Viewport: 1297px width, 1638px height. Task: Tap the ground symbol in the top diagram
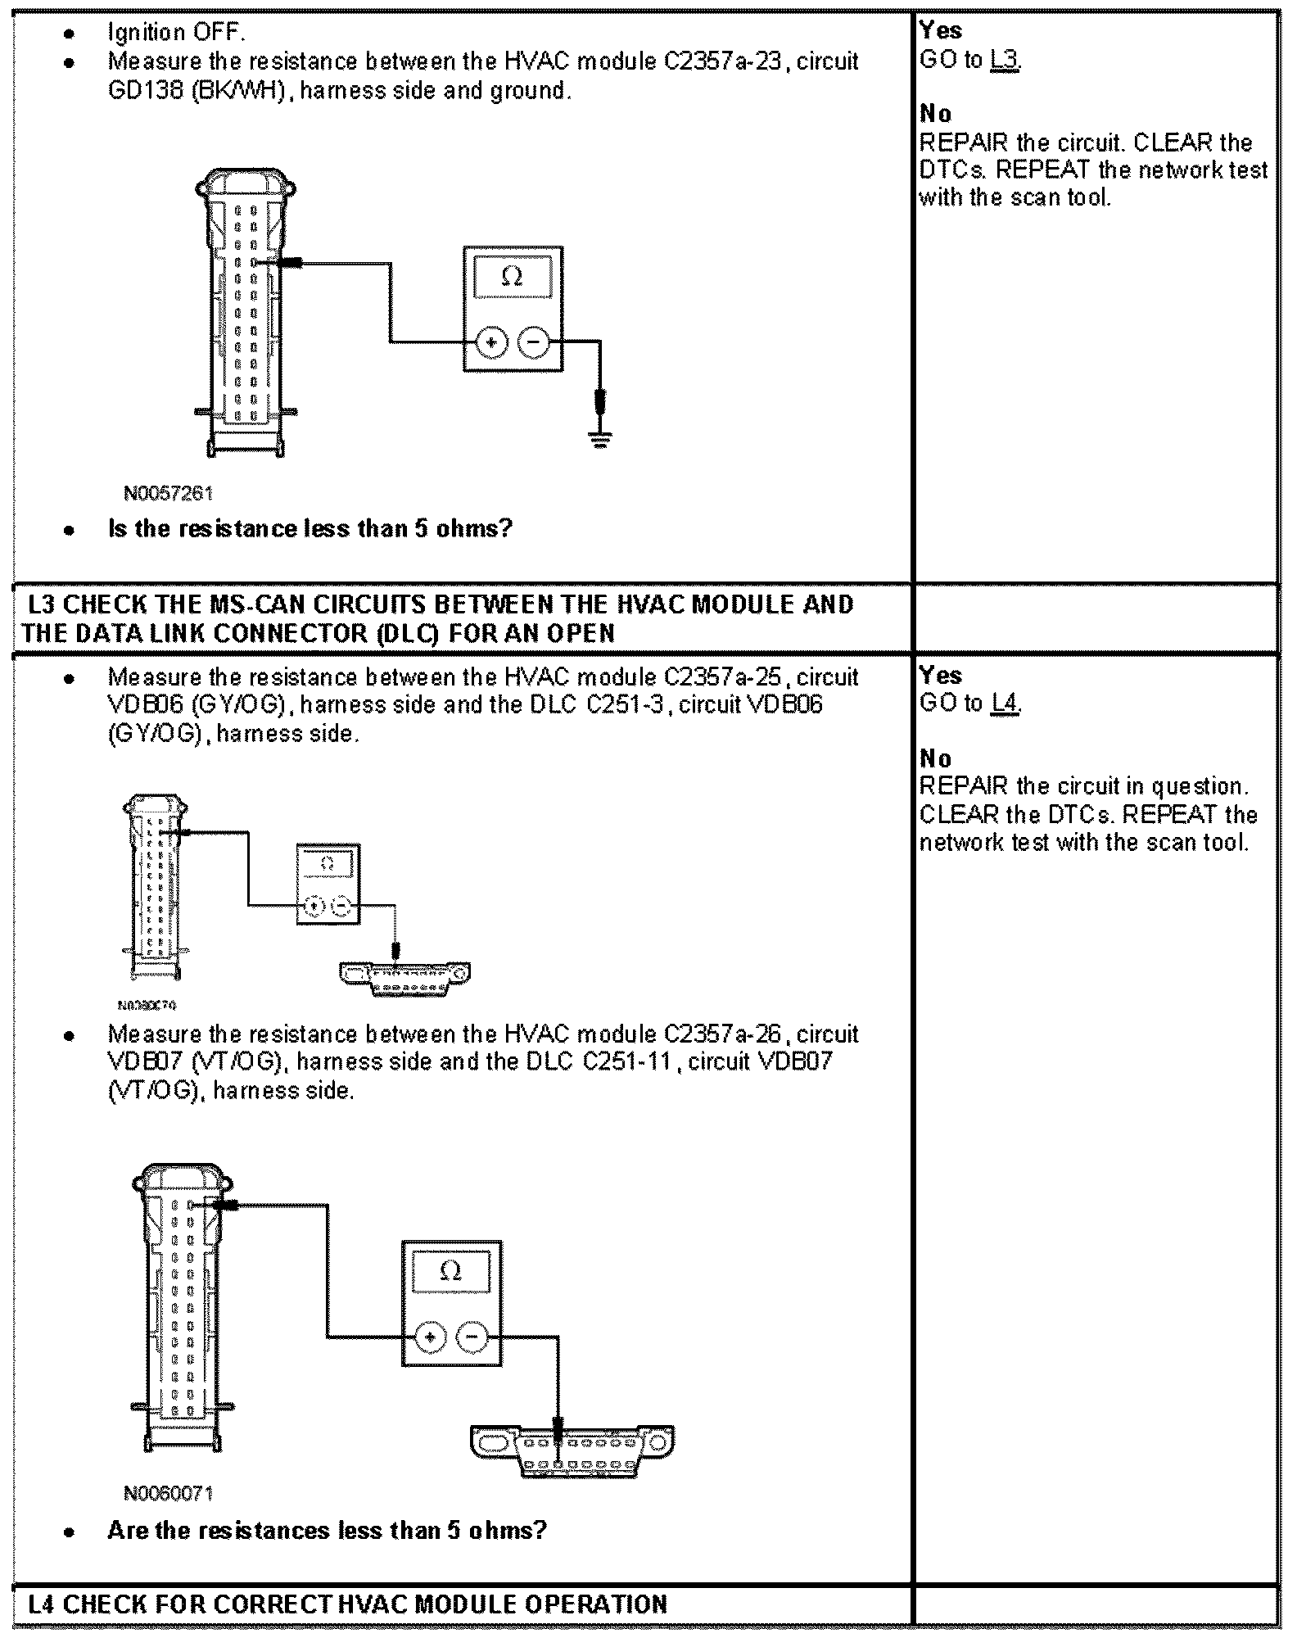pos(601,441)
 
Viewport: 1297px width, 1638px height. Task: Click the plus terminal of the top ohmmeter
pos(491,342)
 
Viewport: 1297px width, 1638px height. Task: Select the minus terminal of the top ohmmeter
pos(534,342)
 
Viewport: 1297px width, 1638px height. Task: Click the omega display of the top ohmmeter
pos(512,277)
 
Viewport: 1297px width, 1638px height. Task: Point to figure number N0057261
pos(168,493)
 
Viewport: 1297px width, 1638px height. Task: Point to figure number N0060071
pos(168,1493)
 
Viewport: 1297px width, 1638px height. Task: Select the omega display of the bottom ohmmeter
pos(450,1272)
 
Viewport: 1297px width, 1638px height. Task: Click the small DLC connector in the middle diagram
pos(405,975)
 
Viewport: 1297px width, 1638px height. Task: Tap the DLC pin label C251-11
pos(626,1062)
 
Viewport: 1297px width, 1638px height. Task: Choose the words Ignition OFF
pos(176,33)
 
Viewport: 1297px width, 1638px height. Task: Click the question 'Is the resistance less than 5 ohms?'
pos(310,529)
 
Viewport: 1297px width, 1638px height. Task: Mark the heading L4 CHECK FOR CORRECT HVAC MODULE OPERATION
pos(347,1604)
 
